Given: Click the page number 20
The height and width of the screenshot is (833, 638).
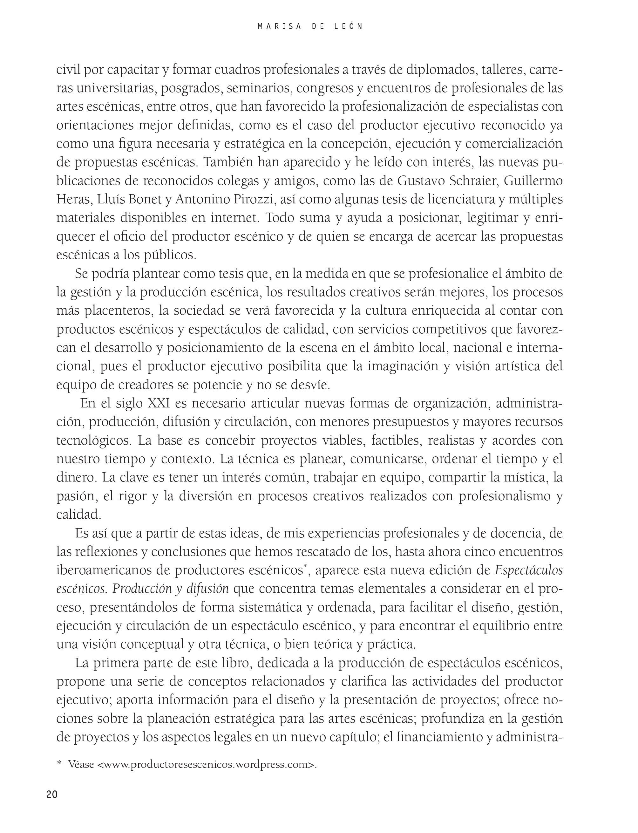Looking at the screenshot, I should pos(52,794).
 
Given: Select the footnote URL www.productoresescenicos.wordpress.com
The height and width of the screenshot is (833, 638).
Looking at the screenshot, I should pos(206,764).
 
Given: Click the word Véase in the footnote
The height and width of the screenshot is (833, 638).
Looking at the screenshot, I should pos(81,764).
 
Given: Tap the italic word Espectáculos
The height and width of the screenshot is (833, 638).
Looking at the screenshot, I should pos(529,570).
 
